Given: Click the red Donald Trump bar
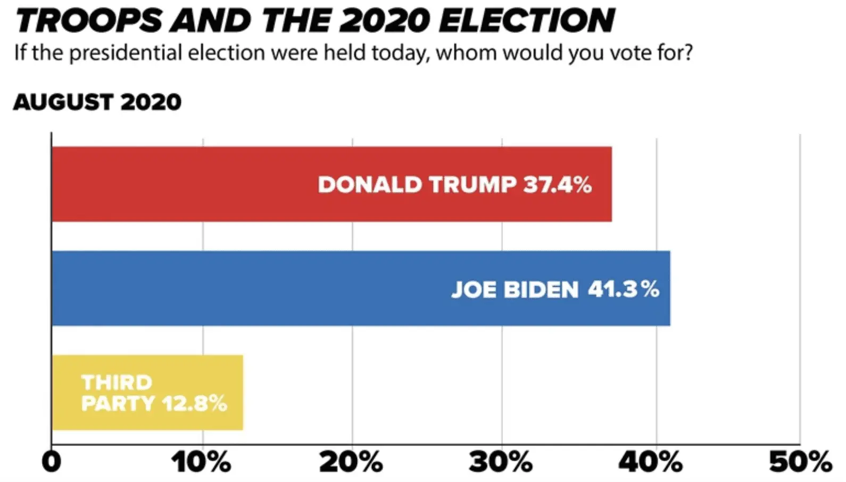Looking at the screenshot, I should tap(213, 184).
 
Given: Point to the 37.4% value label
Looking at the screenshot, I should tap(558, 185).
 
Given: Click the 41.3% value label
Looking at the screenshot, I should tap(624, 289).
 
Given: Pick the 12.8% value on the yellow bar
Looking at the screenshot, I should tap(195, 404).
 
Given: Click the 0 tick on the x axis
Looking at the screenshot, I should tap(52, 461).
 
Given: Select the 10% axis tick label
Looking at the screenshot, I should tap(201, 461).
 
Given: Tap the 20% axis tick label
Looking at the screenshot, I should tap(351, 461).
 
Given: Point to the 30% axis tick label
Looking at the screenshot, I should tap(501, 461).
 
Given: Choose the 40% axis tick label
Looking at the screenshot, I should tap(650, 461).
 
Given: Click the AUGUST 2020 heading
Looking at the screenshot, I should tap(97, 102).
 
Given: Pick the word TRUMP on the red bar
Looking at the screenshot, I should tap(472, 185).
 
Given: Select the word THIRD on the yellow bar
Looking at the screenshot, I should tap(117, 382).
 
